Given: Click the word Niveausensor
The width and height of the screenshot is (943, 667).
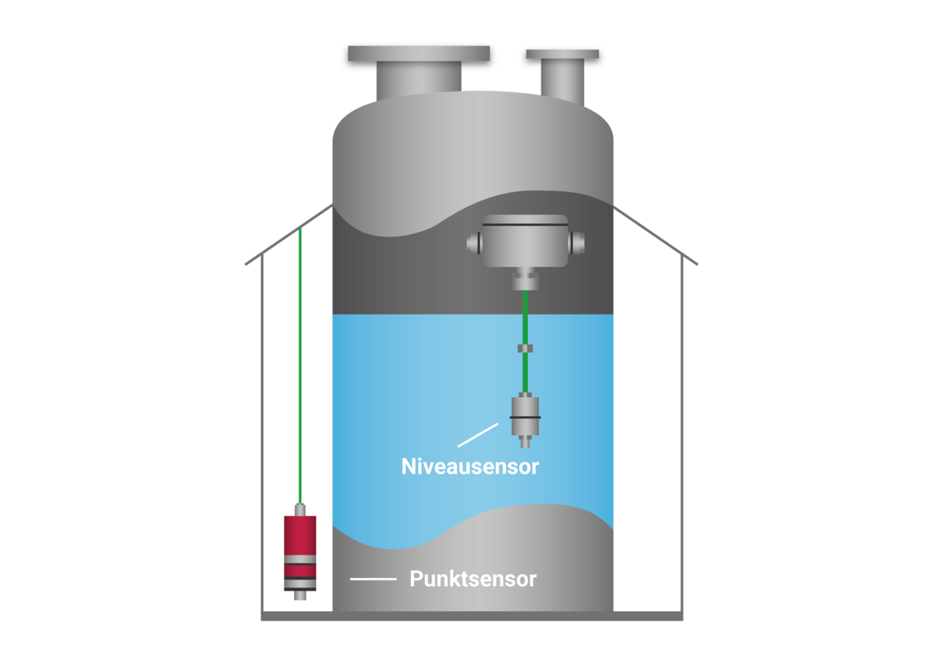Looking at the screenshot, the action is pos(470,466).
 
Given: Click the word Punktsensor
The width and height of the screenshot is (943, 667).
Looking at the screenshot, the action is pos(473,579).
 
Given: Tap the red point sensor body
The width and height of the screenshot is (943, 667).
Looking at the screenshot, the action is pos(299,553).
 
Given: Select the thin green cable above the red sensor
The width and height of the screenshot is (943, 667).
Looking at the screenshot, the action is pos(300,366).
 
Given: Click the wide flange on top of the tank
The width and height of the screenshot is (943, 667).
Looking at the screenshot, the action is pos(419,53).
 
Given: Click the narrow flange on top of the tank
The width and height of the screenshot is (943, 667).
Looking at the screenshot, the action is pos(563,54).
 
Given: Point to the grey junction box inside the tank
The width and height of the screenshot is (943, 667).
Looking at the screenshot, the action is pos(525,241).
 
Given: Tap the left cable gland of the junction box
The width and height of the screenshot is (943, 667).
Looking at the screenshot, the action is pos(475,243).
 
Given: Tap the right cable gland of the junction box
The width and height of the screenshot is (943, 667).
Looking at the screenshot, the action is pos(576,243).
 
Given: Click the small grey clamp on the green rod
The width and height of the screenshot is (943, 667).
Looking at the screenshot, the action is pos(525,348).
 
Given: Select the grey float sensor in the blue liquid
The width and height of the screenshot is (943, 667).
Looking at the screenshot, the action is pos(525,420).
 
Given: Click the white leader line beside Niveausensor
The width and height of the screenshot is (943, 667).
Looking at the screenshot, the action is pos(478,435).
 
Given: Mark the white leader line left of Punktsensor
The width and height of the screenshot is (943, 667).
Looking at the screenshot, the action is pos(373,579).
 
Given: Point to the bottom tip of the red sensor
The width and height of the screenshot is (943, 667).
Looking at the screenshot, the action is pos(299,599).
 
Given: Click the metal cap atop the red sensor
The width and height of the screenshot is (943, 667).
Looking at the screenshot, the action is pos(300,510).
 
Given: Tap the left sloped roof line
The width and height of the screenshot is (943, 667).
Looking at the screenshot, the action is pos(289,234).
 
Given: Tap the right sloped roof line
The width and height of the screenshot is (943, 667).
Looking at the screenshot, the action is pos(655,235).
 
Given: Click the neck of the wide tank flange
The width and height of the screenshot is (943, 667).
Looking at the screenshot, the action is pos(419,80).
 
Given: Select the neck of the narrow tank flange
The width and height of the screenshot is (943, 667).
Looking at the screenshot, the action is pos(563,81).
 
